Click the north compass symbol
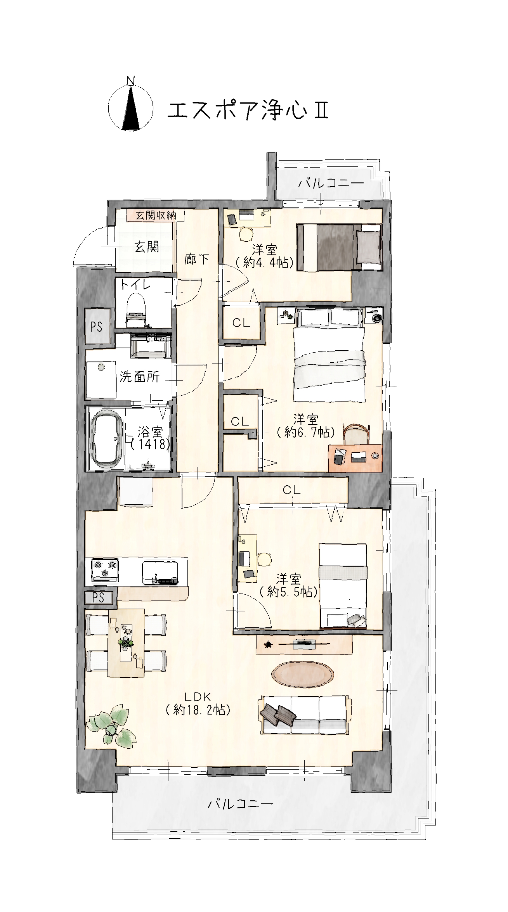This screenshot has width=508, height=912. pyautogui.click(x=131, y=107)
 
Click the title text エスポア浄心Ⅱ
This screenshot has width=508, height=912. pyautogui.click(x=248, y=111)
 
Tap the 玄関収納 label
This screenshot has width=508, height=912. pyautogui.click(x=155, y=215)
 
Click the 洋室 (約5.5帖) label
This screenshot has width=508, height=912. pyautogui.click(x=288, y=586)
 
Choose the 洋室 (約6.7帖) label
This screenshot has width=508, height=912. pyautogui.click(x=305, y=426)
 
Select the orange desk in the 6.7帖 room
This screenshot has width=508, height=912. pyautogui.click(x=355, y=458)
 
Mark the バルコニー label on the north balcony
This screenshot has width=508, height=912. pyautogui.click(x=331, y=183)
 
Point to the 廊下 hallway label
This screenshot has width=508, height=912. pyautogui.click(x=197, y=259)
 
